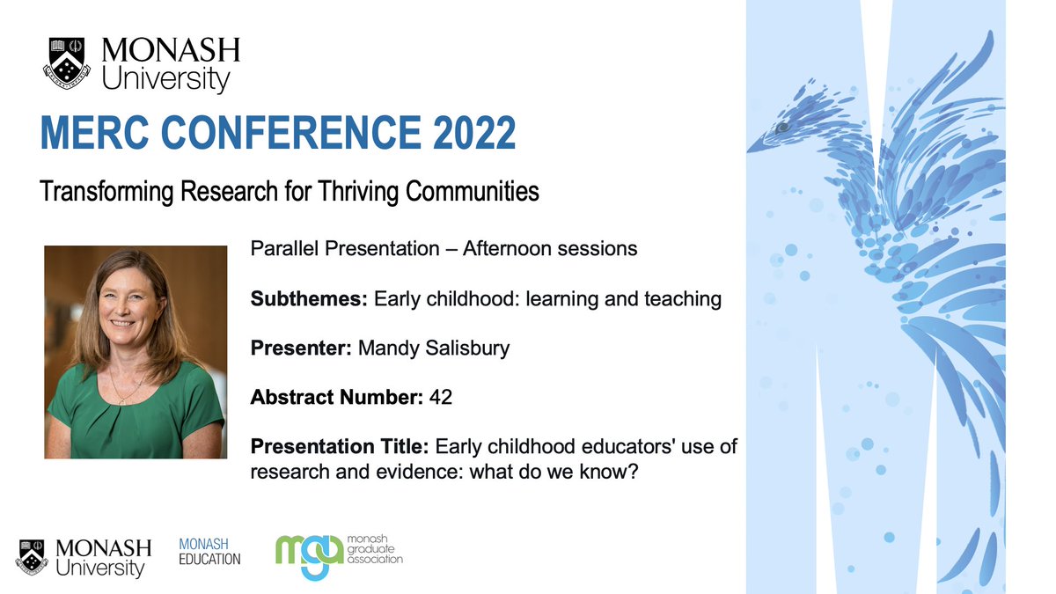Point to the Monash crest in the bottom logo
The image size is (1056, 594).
(x=33, y=557)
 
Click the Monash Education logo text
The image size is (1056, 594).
(x=209, y=552)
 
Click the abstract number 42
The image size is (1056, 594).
(x=441, y=398)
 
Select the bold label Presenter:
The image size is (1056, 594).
(x=301, y=348)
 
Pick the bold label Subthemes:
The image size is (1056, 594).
(x=309, y=299)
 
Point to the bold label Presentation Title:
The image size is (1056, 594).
(x=339, y=447)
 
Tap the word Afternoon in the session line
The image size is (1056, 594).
(x=492, y=249)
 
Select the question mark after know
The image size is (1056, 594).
(x=632, y=472)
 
